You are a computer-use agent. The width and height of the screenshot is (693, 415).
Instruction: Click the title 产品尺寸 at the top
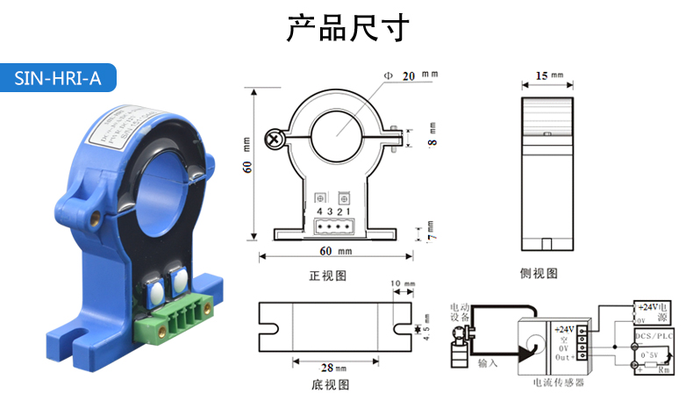point(346,28)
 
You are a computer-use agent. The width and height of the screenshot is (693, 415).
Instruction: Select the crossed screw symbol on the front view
point(276,139)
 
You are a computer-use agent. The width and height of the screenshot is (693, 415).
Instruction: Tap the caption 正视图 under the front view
point(329,275)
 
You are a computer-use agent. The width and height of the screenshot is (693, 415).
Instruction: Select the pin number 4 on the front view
point(318,211)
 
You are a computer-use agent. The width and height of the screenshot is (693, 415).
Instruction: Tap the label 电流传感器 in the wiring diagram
point(558,383)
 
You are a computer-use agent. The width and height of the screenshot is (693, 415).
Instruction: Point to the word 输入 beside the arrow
point(488,361)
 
